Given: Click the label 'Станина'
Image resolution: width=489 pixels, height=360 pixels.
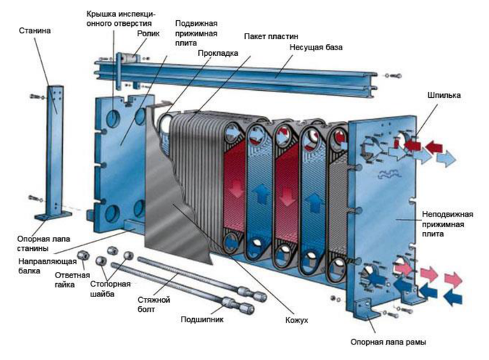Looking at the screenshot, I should pos(36,31).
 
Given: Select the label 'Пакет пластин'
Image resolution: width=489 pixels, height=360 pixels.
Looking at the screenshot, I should pos(270,36).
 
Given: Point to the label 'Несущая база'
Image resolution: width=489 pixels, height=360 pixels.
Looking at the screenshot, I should pos(315,48).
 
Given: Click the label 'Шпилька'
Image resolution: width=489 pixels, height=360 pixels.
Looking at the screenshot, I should pos(442,95).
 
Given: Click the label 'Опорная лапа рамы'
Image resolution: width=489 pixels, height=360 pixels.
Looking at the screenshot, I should pos(388,342).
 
